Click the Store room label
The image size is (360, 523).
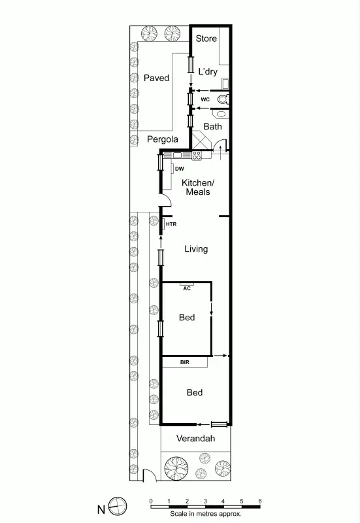[206, 39]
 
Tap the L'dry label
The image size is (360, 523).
[208, 71]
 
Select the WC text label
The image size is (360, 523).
[205, 99]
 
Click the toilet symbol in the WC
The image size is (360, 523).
[223, 99]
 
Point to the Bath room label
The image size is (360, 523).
[212, 126]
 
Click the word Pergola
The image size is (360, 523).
[162, 139]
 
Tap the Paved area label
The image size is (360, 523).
[156, 78]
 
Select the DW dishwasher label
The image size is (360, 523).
[180, 168]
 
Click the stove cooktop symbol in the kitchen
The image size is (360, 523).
[197, 156]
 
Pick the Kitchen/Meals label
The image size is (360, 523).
[197, 188]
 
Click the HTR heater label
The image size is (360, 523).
[171, 225]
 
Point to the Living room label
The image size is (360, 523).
[196, 249]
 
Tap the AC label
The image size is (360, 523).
[187, 288]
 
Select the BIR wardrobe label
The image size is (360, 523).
[185, 361]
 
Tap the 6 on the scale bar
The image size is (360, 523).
[260, 501]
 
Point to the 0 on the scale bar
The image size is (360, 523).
[151, 501]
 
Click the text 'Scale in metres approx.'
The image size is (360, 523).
[205, 514]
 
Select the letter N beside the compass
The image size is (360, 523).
[101, 508]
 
